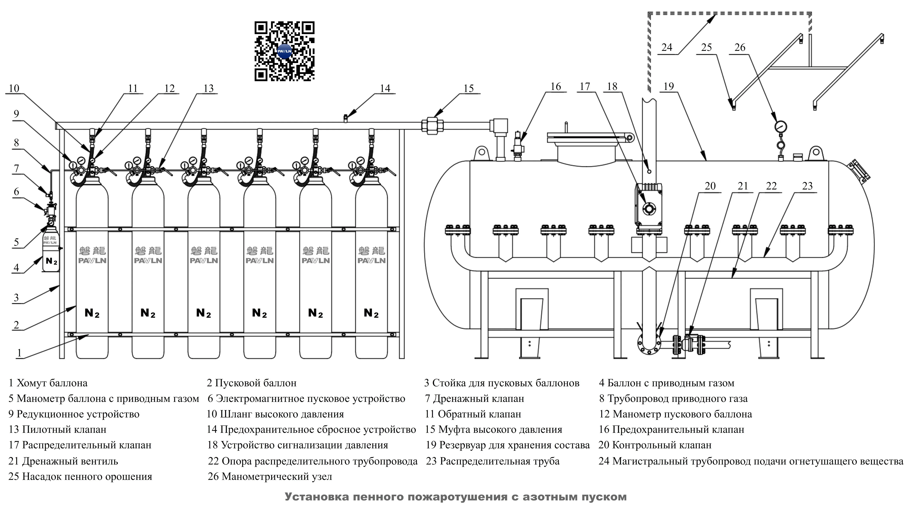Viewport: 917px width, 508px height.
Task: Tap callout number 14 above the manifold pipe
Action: coord(385,88)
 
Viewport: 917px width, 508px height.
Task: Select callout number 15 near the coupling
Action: coord(468,88)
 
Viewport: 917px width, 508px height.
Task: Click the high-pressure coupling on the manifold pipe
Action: coord(432,126)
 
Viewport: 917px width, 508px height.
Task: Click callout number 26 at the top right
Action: coord(740,47)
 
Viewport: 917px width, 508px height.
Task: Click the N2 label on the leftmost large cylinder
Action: coord(92,313)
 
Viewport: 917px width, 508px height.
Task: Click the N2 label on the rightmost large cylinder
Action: coord(371,313)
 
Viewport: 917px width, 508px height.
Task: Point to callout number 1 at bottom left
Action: coord(19,353)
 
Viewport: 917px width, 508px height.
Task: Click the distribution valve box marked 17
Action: coord(649,208)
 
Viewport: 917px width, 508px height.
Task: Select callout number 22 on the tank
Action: coord(771,186)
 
